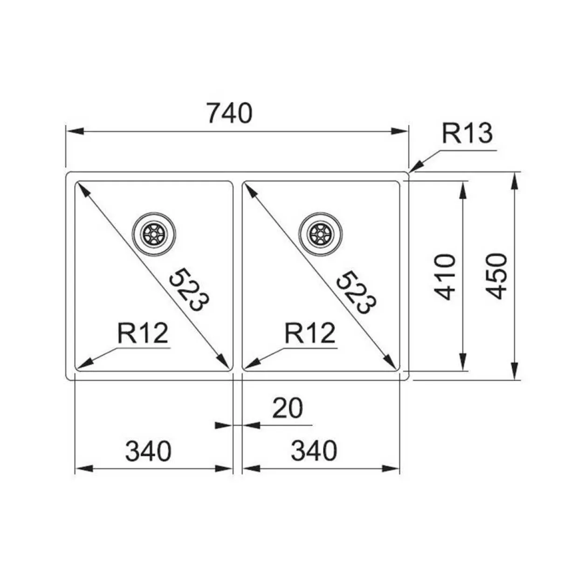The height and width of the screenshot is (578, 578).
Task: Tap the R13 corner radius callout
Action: tap(467, 134)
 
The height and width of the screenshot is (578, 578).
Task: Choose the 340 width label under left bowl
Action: tap(148, 451)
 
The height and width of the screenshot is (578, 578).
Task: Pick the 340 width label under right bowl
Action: tap(314, 451)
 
